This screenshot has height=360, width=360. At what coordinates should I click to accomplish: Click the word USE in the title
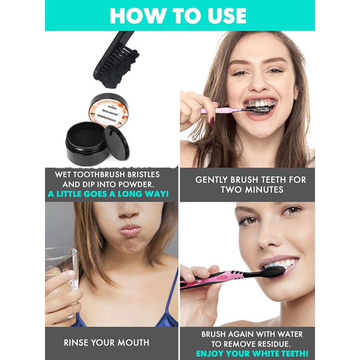click(221, 16)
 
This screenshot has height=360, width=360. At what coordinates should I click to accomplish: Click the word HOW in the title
click(135, 16)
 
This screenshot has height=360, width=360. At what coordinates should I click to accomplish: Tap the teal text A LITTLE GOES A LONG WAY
click(108, 194)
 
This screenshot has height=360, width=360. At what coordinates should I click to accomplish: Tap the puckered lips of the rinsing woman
click(130, 231)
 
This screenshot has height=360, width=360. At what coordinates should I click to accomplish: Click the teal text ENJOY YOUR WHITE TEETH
click(252, 354)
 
